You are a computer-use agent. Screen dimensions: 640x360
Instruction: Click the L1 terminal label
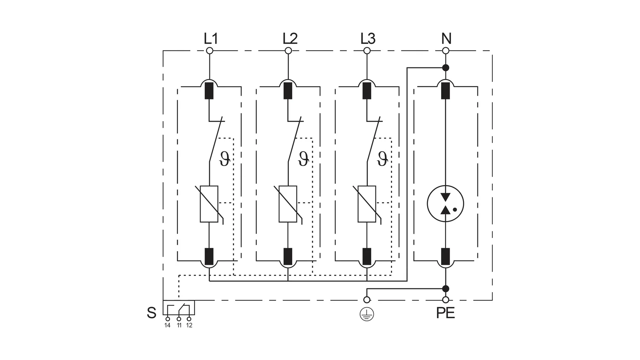(211, 38)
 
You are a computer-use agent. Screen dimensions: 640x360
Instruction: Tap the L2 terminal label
(290, 38)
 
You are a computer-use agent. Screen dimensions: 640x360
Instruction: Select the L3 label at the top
(368, 38)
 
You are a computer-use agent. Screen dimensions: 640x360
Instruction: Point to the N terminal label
(446, 38)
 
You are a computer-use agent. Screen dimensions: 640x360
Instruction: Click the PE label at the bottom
(445, 313)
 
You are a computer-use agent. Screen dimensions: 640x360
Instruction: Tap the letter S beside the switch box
(151, 313)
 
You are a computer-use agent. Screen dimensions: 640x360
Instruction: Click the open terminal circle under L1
(209, 51)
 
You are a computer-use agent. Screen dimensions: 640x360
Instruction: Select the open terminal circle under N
(445, 51)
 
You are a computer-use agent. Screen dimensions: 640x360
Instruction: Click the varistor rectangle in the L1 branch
(209, 204)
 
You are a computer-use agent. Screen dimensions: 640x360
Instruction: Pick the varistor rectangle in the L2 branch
(288, 204)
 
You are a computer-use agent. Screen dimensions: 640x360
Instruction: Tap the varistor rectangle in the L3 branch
(367, 204)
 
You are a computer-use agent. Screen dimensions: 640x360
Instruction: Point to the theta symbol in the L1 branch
(225, 159)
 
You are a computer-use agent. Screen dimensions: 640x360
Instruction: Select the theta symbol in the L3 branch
(383, 159)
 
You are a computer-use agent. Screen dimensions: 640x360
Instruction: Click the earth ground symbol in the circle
(367, 314)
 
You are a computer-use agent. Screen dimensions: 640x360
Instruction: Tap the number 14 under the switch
(167, 325)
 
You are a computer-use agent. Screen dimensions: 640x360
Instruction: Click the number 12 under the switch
(189, 325)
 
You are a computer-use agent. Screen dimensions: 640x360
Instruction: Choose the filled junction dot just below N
(445, 68)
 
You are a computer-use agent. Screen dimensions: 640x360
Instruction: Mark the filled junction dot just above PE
(445, 289)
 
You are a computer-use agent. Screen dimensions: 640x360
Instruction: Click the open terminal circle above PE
(445, 300)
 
